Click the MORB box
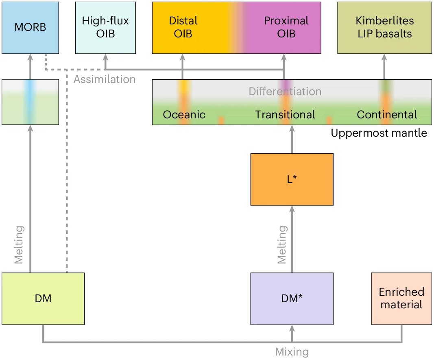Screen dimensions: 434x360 coord(30,28)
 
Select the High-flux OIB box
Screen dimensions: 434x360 coord(105,28)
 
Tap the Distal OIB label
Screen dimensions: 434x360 coord(183,27)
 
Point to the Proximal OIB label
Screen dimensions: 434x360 coord(286,27)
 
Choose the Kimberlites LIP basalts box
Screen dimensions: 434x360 coord(384,28)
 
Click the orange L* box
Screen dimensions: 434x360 coord(292,179)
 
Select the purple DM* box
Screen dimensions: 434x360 coord(292,299)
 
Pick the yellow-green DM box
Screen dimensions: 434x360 coord(43,299)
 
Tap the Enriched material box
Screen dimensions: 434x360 coord(401,299)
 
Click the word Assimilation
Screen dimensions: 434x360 coord(105,79)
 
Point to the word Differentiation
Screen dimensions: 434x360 coord(285,91)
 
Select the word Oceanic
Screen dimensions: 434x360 coord(184,115)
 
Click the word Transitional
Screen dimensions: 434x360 coord(285,115)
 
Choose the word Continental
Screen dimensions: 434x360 coord(387,115)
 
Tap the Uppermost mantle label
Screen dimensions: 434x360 coord(379,133)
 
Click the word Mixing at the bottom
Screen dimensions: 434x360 coord(292,352)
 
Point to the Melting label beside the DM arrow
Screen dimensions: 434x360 coord(19,245)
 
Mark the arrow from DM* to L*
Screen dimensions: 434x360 coord(292,239)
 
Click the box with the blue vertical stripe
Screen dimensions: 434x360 coord(30,102)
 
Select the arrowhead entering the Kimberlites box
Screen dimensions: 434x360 coord(384,57)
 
